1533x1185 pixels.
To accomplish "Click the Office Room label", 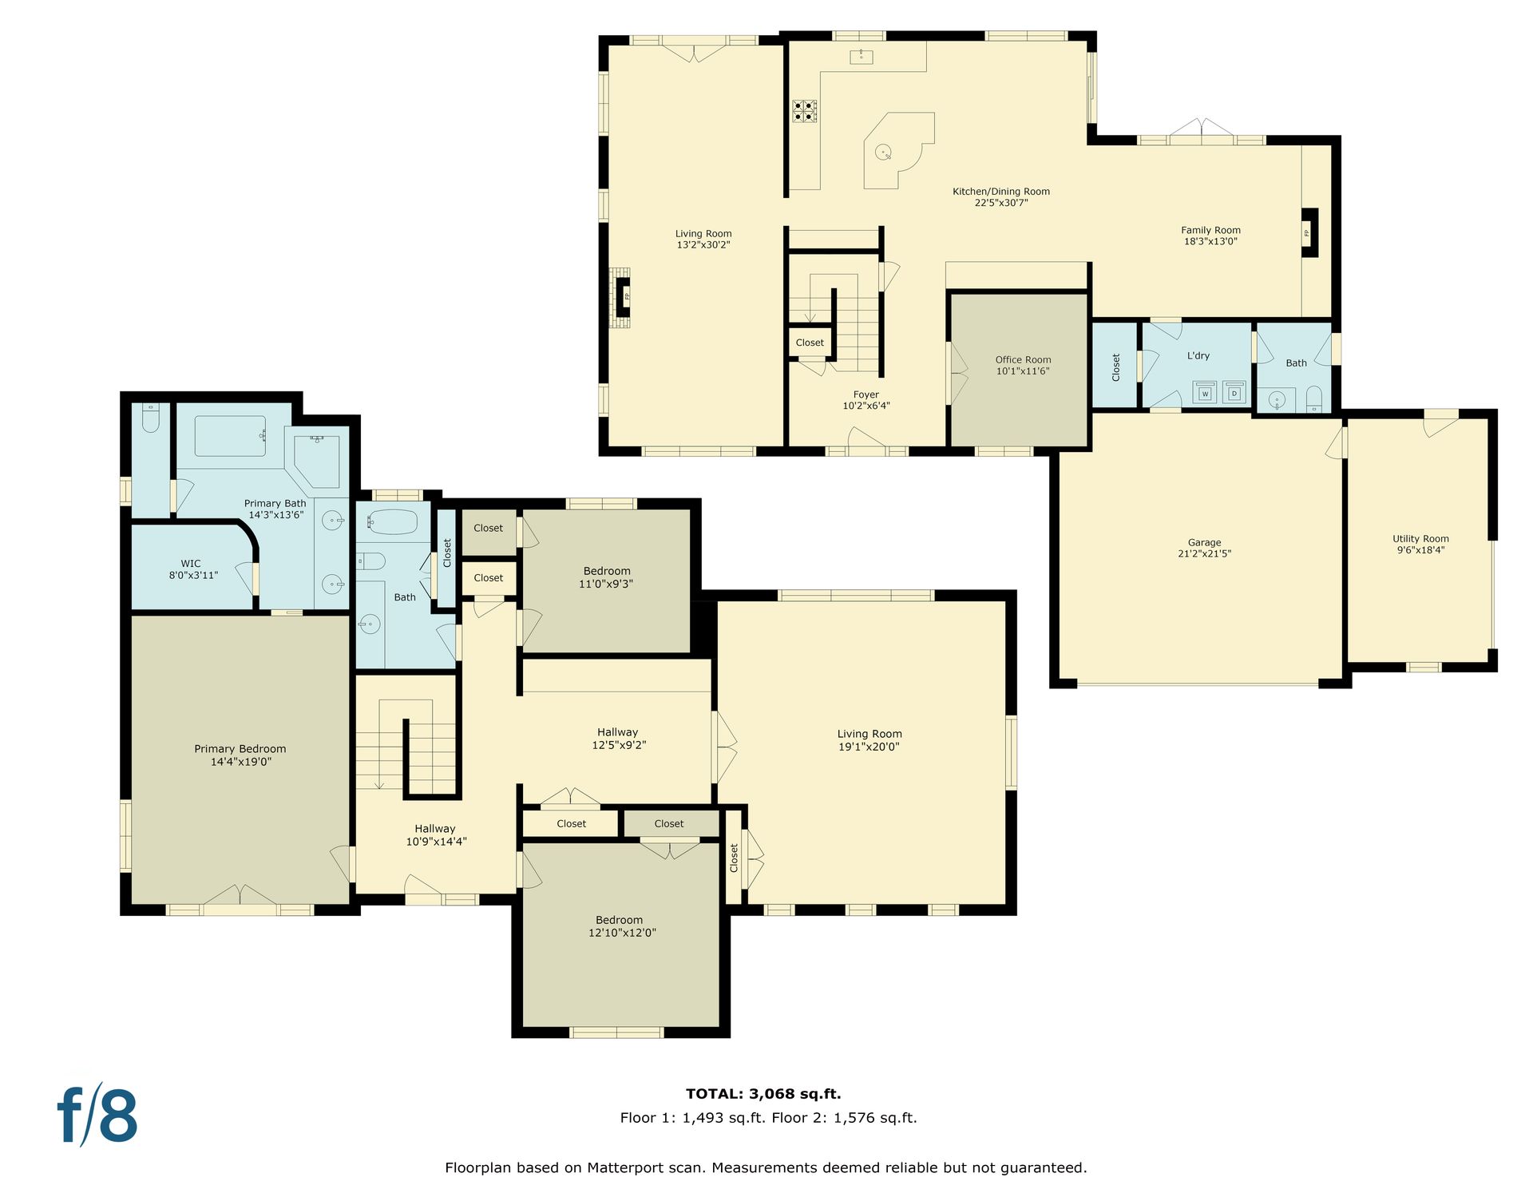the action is point(1023,365).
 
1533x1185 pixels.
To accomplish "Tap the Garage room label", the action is point(1204,548).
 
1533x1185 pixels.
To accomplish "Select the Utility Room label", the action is point(1420,544).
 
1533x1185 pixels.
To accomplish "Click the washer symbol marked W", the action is point(1205,393).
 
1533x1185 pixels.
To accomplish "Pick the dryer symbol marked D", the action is point(1234,393).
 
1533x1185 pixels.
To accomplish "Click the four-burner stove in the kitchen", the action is point(804,111).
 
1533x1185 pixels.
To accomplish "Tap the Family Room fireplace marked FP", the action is point(1309,232).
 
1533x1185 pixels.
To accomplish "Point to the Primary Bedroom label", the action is point(240,755).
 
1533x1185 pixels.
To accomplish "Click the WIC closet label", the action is point(192,569).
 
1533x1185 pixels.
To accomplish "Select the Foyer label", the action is point(866,399).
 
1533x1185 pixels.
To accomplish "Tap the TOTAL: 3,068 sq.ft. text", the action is point(763,1094).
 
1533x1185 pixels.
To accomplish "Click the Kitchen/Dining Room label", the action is point(1001,196).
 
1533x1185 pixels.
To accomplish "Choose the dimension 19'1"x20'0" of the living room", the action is point(869,747).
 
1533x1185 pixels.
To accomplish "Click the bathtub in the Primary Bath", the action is point(230,436).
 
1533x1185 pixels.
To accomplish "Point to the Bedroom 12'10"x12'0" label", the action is point(620,925).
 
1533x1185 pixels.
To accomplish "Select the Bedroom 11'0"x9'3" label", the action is point(607,577).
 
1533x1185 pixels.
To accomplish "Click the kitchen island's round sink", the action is point(883,151).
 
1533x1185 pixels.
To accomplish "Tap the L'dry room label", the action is point(1198,355).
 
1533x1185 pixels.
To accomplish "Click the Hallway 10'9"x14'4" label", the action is point(436,834).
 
